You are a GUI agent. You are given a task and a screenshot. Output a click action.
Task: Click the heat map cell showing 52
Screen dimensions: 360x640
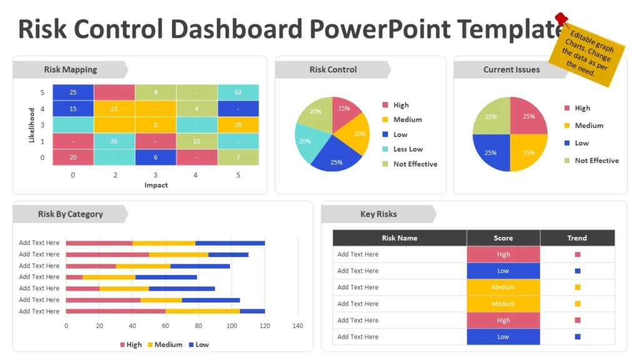tap(238, 92)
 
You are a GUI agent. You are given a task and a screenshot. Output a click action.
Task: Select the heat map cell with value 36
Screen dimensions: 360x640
tap(114, 141)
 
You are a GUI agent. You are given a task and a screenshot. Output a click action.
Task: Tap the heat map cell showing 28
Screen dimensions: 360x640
tap(238, 125)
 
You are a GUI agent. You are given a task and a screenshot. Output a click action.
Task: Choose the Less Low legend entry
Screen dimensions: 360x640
tap(407, 149)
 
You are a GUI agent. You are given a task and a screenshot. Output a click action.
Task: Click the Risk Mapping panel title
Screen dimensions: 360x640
tap(70, 69)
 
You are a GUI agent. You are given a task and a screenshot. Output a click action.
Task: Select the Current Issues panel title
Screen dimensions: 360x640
tap(511, 69)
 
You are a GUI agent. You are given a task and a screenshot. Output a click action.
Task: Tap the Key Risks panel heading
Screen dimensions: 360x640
tap(378, 214)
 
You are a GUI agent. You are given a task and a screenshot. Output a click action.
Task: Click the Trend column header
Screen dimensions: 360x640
tap(577, 238)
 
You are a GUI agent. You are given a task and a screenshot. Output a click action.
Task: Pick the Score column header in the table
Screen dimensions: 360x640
tap(503, 238)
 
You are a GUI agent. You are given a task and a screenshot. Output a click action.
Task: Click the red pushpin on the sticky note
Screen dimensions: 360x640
tap(561, 19)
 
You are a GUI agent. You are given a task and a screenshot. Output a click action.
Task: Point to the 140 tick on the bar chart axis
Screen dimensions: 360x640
tap(297, 326)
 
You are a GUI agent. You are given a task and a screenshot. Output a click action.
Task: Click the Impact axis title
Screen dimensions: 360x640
tap(156, 185)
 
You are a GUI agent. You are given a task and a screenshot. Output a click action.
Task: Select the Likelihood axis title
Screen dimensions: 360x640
tap(32, 125)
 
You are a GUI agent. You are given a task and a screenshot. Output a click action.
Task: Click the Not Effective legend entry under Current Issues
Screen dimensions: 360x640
tap(596, 161)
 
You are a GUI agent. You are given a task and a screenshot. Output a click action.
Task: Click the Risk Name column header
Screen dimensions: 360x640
tap(399, 238)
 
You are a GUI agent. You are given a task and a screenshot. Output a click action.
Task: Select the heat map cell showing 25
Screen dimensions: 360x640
tap(73, 92)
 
